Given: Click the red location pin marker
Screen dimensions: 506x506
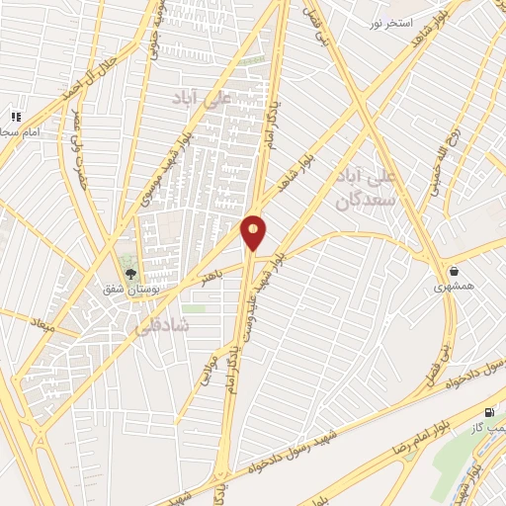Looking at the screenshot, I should (254, 231).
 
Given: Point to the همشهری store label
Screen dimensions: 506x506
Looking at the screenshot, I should (454, 287).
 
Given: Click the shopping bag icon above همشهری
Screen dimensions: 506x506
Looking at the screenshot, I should (454, 270).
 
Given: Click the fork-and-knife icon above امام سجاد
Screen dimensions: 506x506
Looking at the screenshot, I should (15, 117).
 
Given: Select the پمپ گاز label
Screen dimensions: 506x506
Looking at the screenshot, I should (489, 427).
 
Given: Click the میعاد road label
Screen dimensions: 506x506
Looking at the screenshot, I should (39, 319).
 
